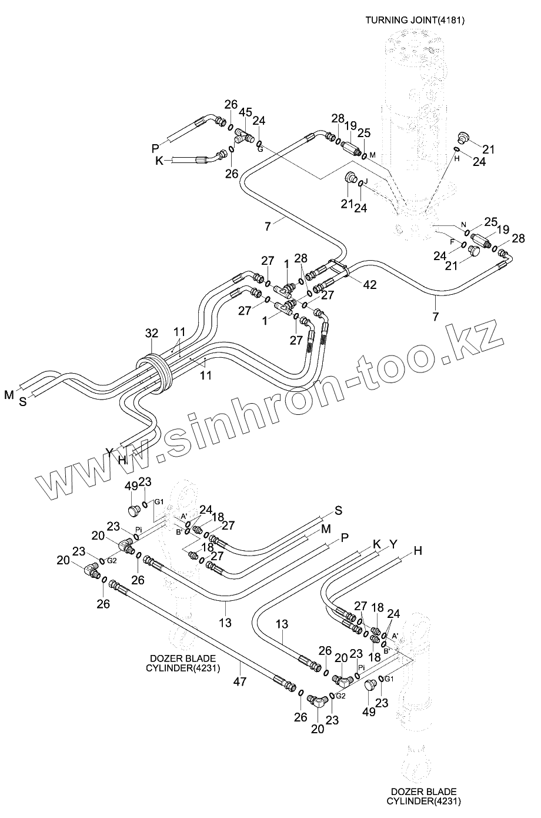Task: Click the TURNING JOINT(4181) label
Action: [x=415, y=21]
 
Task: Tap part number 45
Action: [x=246, y=112]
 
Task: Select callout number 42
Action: [x=369, y=285]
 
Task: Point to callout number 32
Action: [x=152, y=334]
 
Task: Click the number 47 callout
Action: [x=240, y=681]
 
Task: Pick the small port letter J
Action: [x=365, y=182]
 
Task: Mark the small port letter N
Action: [x=463, y=225]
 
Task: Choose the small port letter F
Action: [x=452, y=241]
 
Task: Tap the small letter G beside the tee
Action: [x=260, y=149]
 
